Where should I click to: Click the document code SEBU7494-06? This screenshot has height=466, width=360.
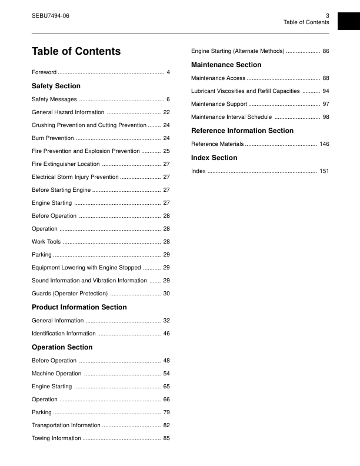tap(50, 15)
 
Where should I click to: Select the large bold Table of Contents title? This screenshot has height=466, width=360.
tap(76, 51)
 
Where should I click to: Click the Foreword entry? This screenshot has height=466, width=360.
tap(44, 72)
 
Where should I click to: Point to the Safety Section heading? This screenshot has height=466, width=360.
tap(56, 86)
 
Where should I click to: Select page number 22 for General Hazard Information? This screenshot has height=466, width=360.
tap(166, 112)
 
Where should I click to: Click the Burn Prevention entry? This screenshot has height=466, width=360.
tap(53, 138)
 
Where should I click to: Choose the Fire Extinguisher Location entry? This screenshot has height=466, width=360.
tap(66, 164)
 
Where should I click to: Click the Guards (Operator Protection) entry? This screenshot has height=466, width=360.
tap(69, 294)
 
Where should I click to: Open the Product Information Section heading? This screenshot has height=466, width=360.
tap(79, 307)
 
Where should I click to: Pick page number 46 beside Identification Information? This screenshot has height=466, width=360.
tap(166, 334)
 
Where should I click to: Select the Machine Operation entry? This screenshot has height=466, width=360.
tap(56, 374)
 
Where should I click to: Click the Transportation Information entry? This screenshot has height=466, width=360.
tap(66, 425)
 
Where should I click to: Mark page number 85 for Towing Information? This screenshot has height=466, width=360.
tap(166, 438)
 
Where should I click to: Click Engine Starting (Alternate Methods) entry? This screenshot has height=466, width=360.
tap(238, 52)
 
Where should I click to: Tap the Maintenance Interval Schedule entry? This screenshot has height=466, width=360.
tap(232, 117)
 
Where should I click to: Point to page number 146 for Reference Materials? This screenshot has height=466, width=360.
tap(324, 144)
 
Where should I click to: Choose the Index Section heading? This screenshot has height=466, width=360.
tap(214, 158)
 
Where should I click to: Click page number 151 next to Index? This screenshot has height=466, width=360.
tap(324, 171)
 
